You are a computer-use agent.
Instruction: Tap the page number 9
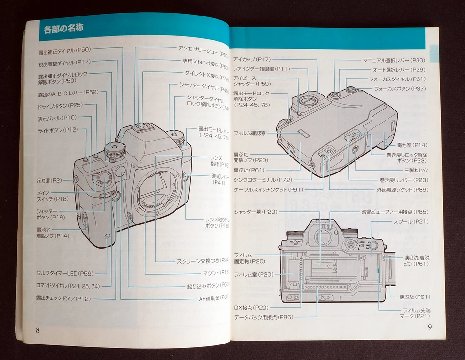(429, 326)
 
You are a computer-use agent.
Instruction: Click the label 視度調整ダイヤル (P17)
(64, 63)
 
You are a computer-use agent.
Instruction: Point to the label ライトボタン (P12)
(58, 129)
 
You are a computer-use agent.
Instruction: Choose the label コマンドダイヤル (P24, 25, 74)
(68, 286)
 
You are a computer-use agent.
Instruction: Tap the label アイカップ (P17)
(251, 59)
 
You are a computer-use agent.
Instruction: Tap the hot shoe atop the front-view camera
(138, 127)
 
